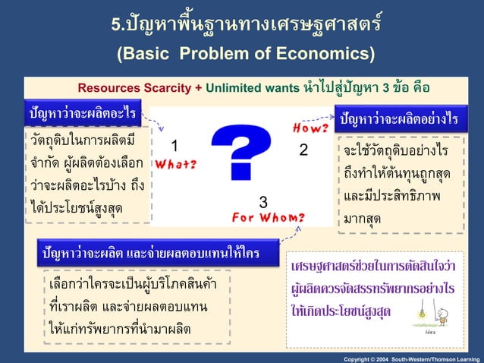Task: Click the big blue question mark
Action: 240,152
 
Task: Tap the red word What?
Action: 175,164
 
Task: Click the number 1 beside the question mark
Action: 174,146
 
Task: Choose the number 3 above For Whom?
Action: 263,203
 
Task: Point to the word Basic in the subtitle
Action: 144,55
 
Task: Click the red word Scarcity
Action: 165,87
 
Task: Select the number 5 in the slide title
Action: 116,24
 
